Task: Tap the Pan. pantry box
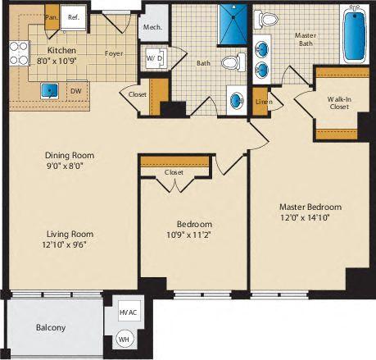click(51, 16)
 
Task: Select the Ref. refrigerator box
click(71, 16)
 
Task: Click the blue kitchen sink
click(49, 89)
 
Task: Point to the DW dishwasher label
click(75, 91)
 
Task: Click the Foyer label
click(114, 55)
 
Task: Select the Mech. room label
click(152, 27)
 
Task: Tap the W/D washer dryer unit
click(154, 59)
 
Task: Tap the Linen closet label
click(262, 102)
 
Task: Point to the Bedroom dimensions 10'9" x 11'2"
click(194, 236)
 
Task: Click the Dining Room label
click(70, 155)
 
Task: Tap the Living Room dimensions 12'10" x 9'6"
click(69, 244)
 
